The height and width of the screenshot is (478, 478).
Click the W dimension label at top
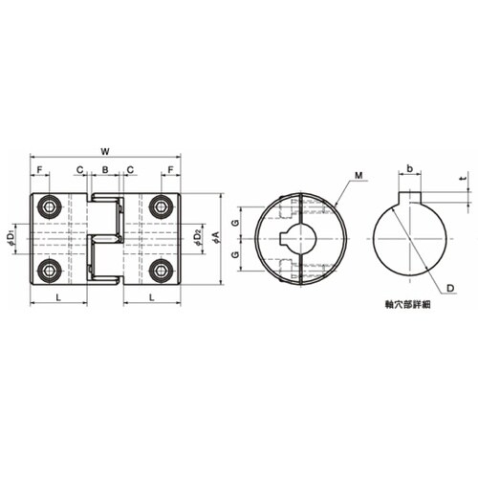coord(105,152)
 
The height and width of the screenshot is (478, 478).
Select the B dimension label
coord(105,170)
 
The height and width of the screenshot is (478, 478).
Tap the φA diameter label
coord(217,238)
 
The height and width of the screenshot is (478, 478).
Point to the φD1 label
coord(11,238)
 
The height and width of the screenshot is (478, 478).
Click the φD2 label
coord(198,238)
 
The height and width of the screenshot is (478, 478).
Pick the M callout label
coord(358,175)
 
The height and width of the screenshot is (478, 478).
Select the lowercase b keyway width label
coord(410,168)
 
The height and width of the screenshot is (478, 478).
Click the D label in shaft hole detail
coord(450,288)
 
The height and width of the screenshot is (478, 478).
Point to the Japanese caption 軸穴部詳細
coord(408,305)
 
